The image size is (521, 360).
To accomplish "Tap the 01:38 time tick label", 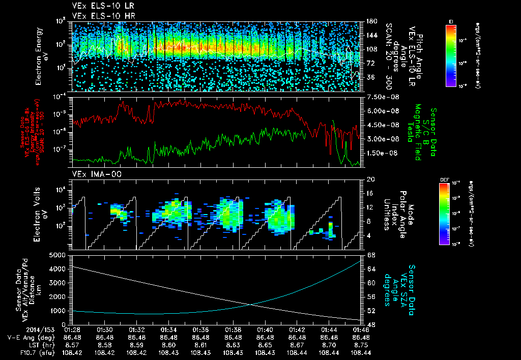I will [x=233, y=329].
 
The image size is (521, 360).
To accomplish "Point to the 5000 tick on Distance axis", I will [x=58, y=255].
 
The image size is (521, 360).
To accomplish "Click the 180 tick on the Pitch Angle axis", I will [x=370, y=21].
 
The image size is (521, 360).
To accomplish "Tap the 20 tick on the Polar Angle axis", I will [x=370, y=180].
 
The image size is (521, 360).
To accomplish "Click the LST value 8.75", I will [x=361, y=344].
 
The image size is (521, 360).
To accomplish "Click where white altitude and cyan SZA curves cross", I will [x=251, y=305].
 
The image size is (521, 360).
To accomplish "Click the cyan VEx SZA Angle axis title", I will [x=404, y=285].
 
